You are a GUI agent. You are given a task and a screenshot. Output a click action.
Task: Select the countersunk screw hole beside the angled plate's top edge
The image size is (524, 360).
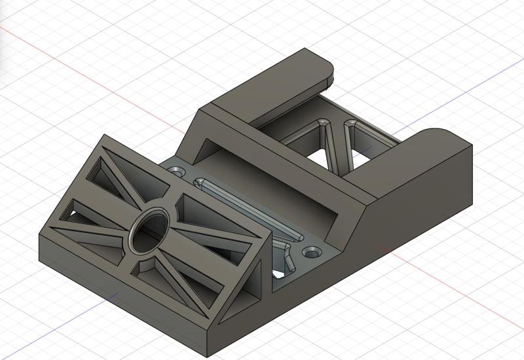(176, 171)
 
